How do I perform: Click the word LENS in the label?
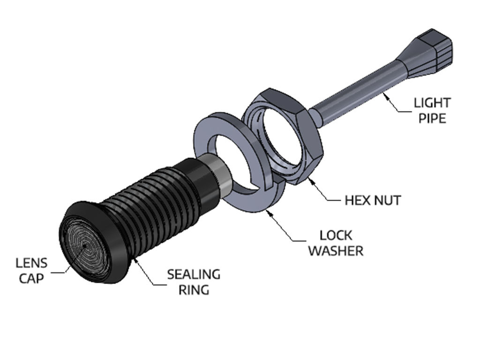pyautogui.click(x=31, y=263)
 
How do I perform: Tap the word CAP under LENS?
pyautogui.click(x=31, y=278)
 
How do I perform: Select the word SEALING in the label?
pyautogui.click(x=194, y=275)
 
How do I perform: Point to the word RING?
pyautogui.click(x=194, y=290)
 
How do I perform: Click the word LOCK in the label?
pyautogui.click(x=336, y=235)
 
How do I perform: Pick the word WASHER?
pyautogui.click(x=336, y=251)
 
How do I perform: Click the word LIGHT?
pyautogui.click(x=432, y=103)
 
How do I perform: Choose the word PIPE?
pyautogui.click(x=432, y=119)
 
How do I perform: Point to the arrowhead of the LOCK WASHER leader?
pyautogui.click(x=270, y=212)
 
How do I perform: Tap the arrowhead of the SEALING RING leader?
pyautogui.click(x=135, y=260)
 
